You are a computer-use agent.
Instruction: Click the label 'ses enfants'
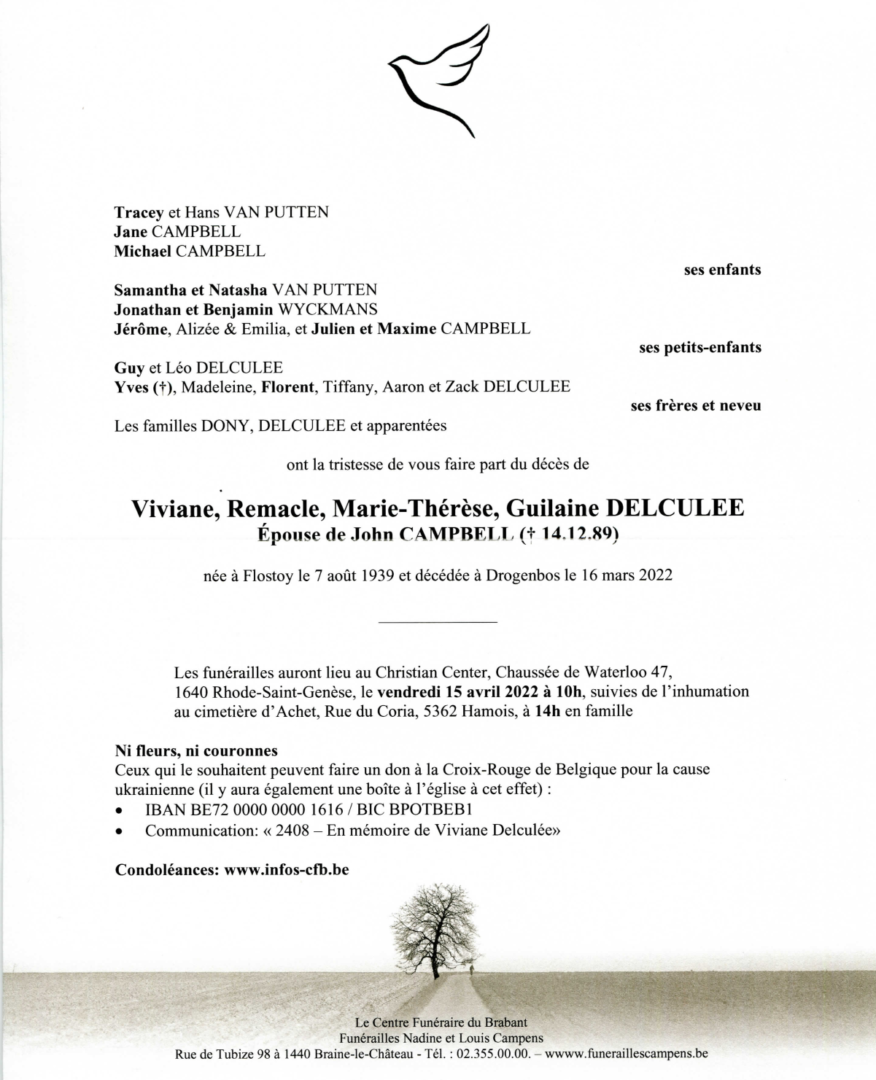pos(722,270)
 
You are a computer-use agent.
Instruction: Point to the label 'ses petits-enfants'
pos(699,348)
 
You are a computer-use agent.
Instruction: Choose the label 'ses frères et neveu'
pos(695,405)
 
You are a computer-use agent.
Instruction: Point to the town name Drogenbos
pos(523,575)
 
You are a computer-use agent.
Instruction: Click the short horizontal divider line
pos(438,622)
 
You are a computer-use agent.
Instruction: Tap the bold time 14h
pos(547,711)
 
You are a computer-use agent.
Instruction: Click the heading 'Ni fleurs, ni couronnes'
pos(196,750)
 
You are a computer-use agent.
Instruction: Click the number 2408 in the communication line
pos(292,830)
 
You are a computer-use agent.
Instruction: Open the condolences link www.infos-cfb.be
pos(287,870)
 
